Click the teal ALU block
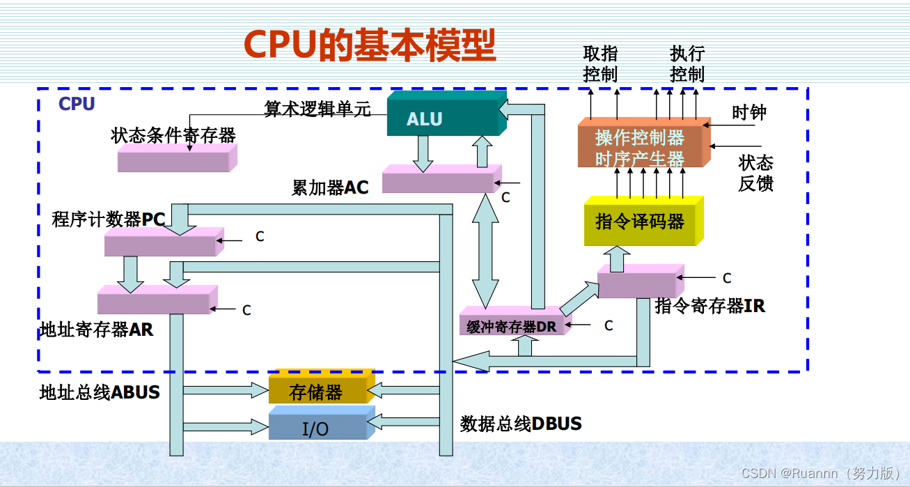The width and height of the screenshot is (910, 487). (x=443, y=117)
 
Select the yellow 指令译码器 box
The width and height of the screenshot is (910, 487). (x=640, y=222)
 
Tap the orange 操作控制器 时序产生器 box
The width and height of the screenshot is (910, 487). (x=640, y=147)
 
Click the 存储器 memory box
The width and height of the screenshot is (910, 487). (x=317, y=392)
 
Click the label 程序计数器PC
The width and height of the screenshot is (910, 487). (x=109, y=219)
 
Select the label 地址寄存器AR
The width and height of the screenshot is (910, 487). (x=97, y=330)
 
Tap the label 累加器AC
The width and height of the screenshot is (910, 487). (x=330, y=187)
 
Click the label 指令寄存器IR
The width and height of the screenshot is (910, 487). (x=710, y=306)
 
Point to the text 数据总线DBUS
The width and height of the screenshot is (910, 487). (x=521, y=424)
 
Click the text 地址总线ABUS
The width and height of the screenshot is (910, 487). (x=100, y=392)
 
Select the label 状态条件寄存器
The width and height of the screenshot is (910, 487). (x=173, y=135)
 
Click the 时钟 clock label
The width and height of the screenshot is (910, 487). (x=749, y=113)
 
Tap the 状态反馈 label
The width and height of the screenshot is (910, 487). (x=756, y=173)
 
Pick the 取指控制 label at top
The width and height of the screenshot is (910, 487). (x=600, y=63)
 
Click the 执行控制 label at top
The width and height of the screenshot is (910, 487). (x=687, y=63)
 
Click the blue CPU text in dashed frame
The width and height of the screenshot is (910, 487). (x=77, y=104)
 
